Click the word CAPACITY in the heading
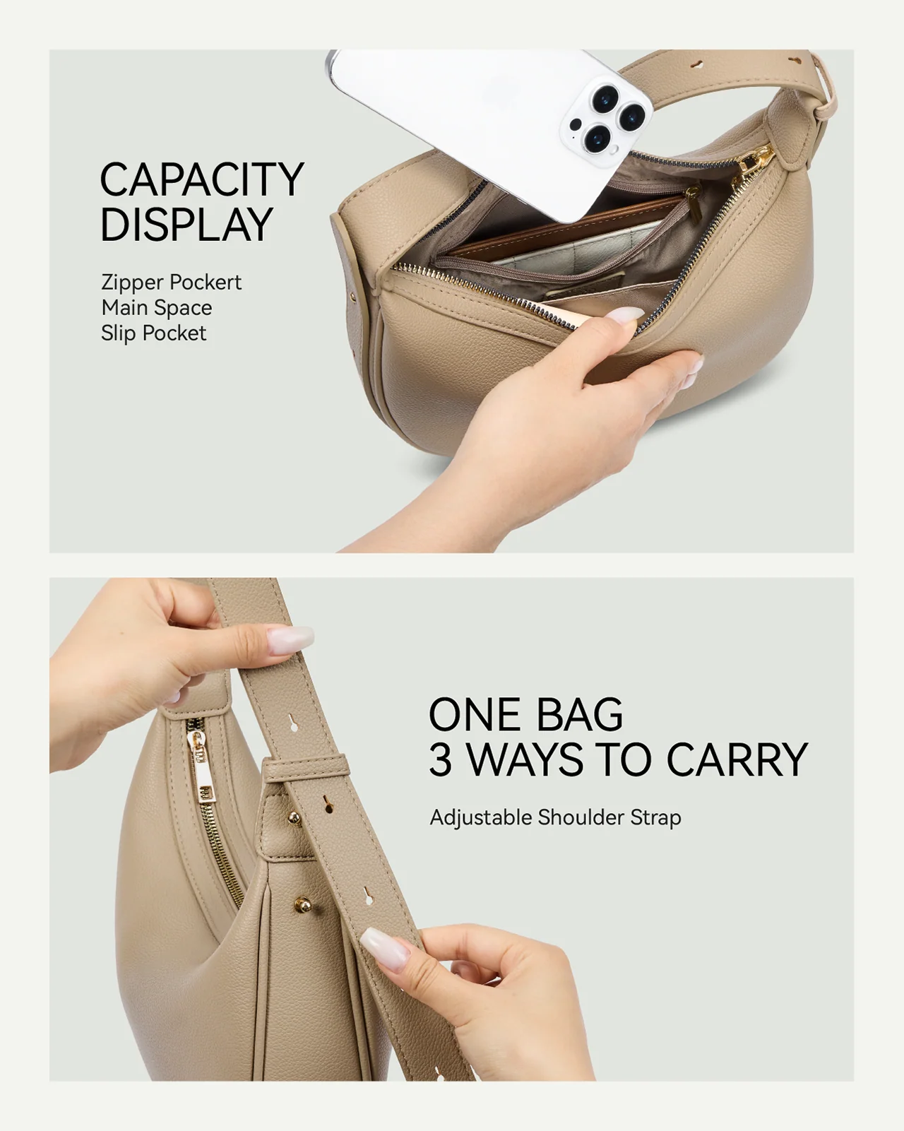coord(201,179)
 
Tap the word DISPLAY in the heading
coord(186,225)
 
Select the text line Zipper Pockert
coord(171,282)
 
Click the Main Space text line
coord(156,307)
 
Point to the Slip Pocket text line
coord(153,333)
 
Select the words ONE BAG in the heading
coord(525,714)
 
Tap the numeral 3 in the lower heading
coord(441,760)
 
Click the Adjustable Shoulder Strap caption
coord(555,817)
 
